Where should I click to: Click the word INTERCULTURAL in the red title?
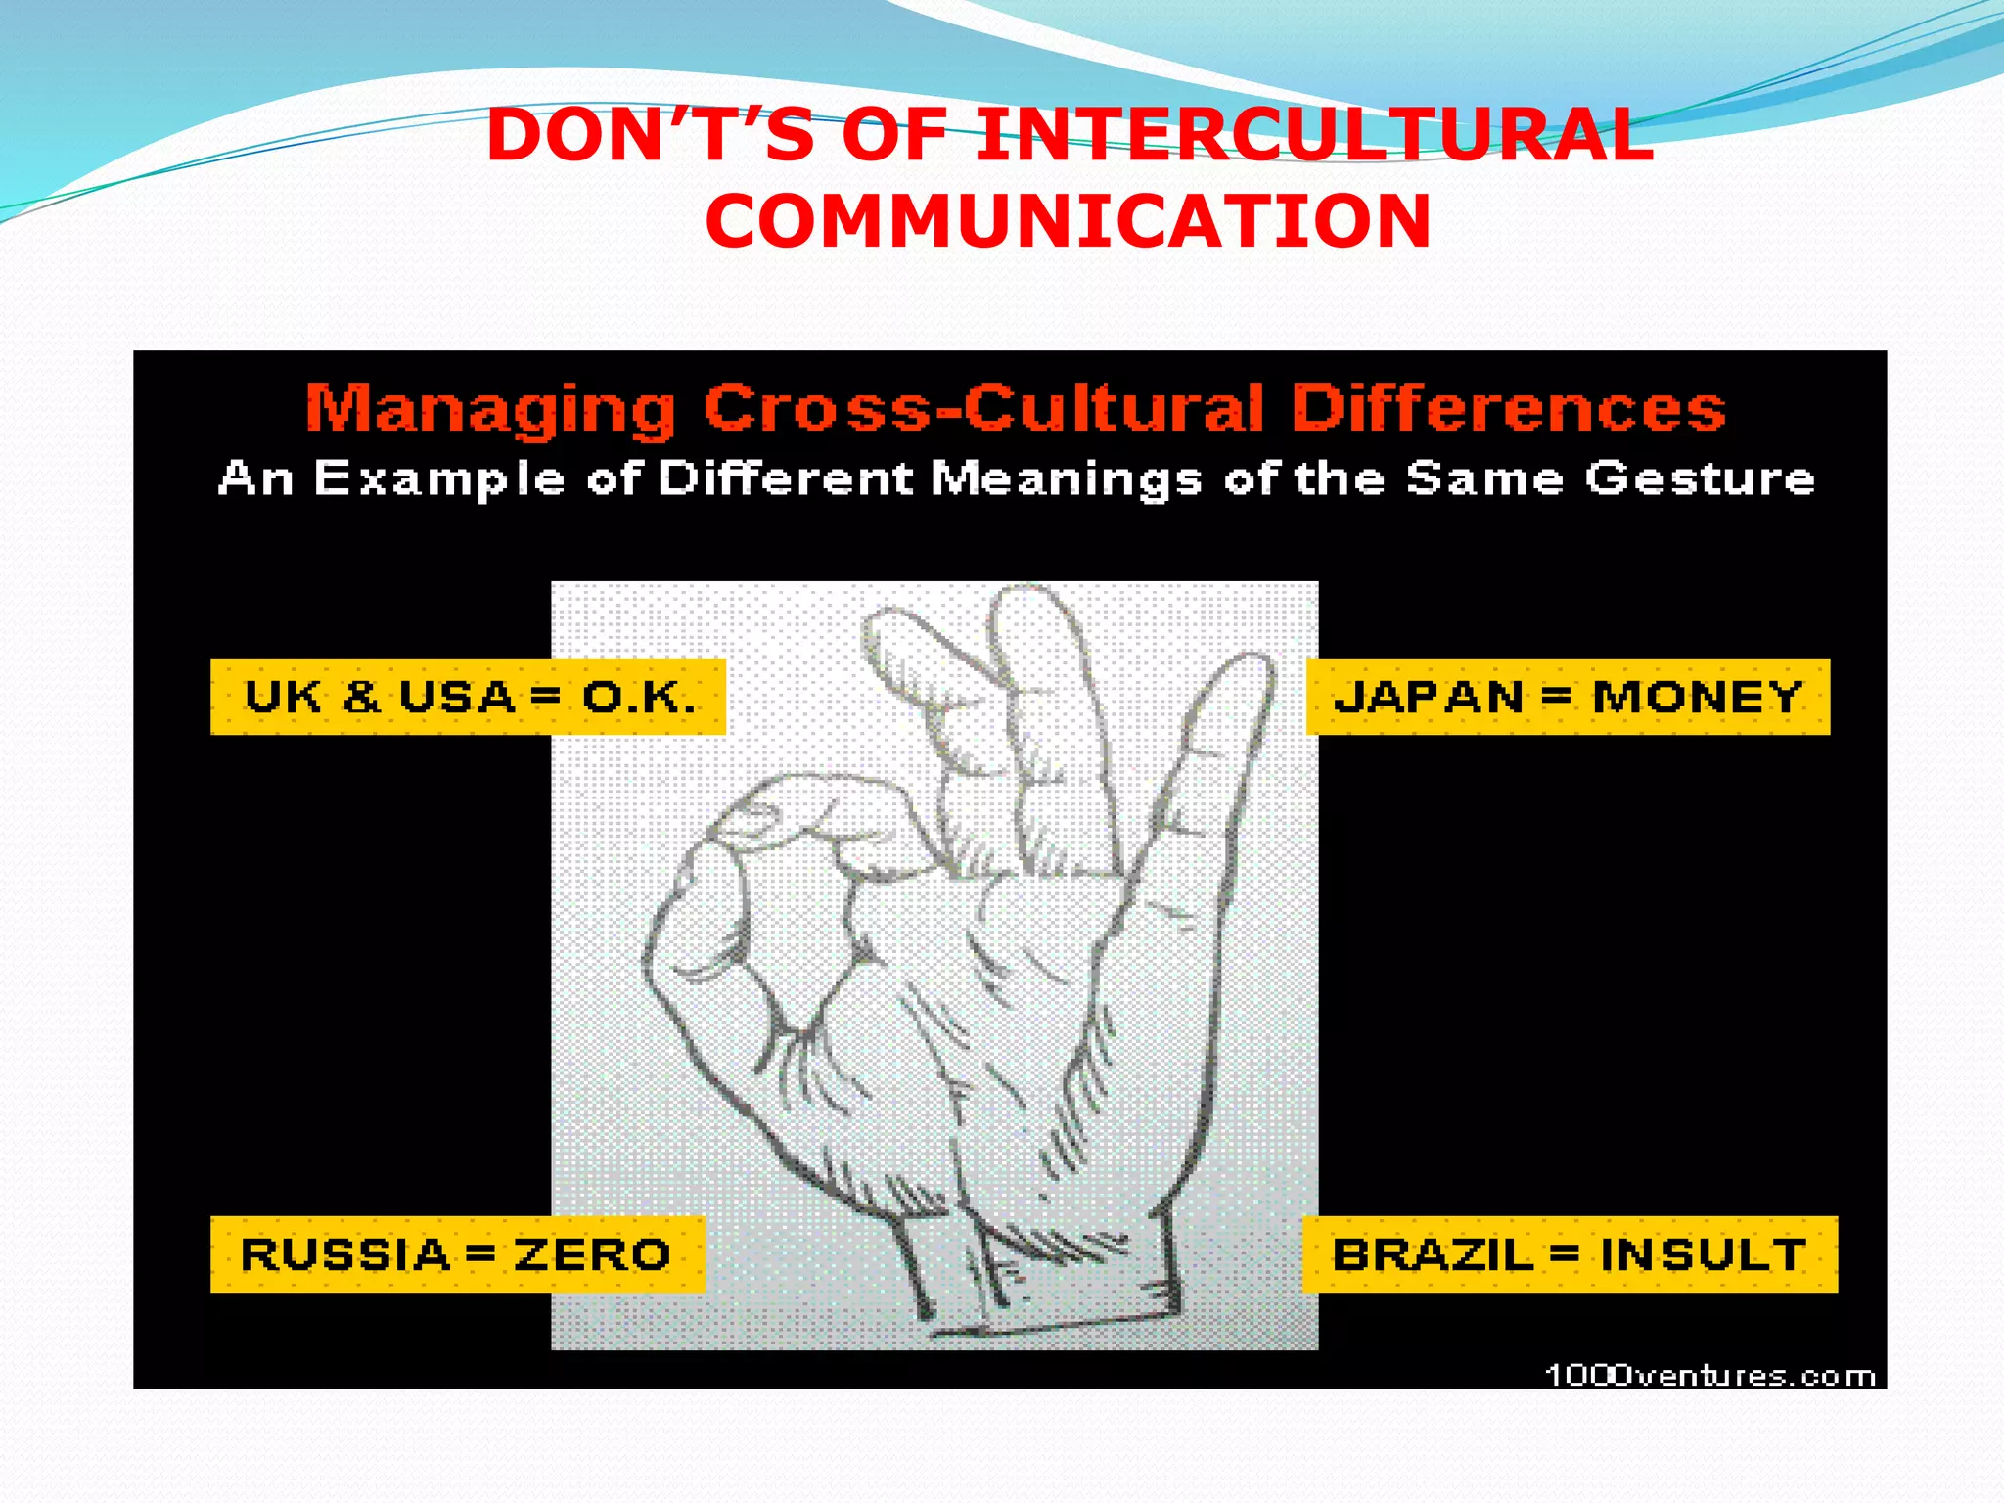click(x=1315, y=135)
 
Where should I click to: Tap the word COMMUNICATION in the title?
click(x=1069, y=221)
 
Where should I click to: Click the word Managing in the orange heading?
click(x=490, y=409)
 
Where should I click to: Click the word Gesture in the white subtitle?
click(x=1700, y=479)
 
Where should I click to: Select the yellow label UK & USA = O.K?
click(x=468, y=697)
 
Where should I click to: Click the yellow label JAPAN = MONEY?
click(x=1568, y=697)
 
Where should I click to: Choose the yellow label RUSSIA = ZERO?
click(x=457, y=1254)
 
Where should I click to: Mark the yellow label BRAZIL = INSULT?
click(x=1570, y=1254)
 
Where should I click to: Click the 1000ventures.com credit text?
click(x=1709, y=1376)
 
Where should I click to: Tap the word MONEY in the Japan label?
click(x=1697, y=697)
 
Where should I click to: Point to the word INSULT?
click(x=1703, y=1254)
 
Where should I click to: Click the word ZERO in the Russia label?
click(x=593, y=1254)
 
